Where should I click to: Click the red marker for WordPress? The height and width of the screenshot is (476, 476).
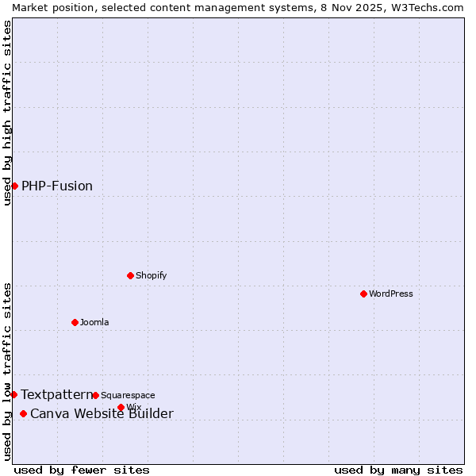(x=363, y=294)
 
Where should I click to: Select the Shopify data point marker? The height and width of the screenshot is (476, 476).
(x=130, y=275)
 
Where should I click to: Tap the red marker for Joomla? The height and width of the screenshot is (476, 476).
(x=75, y=322)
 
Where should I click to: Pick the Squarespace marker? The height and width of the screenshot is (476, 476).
(x=95, y=395)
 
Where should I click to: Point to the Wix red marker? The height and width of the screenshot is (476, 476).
(x=121, y=407)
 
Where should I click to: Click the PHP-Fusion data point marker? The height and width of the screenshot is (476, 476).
(x=14, y=186)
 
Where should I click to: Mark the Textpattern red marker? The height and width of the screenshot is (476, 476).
(x=13, y=394)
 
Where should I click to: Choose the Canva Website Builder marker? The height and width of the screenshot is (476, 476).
(x=23, y=413)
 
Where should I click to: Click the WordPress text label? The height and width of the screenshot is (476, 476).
(x=391, y=294)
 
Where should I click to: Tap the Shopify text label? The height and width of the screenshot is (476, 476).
(x=151, y=275)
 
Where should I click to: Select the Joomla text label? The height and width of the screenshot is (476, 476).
(x=94, y=322)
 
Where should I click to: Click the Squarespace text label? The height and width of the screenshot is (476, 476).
(x=128, y=395)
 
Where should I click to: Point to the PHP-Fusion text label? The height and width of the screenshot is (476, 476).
(x=57, y=186)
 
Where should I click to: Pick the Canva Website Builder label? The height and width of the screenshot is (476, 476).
(x=102, y=413)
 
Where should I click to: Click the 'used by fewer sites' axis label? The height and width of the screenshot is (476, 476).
(x=82, y=470)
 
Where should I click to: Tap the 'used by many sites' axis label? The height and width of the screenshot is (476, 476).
(x=398, y=470)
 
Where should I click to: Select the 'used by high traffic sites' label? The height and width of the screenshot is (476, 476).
(x=7, y=113)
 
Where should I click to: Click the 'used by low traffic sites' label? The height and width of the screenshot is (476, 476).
(x=7, y=371)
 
